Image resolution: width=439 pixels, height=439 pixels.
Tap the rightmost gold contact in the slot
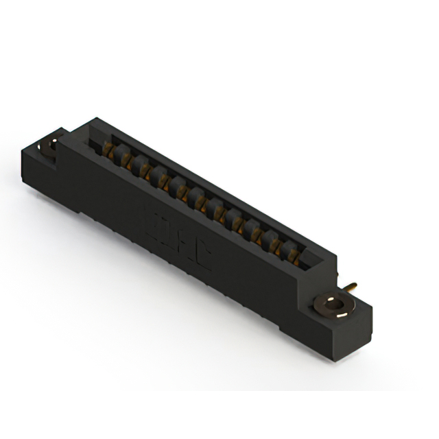point(293,257)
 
